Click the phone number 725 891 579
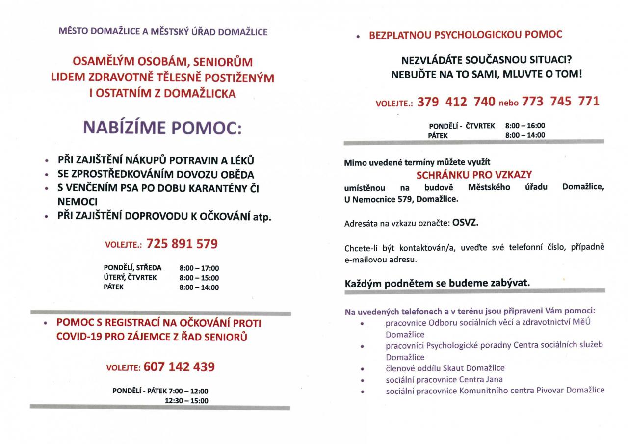(182, 244)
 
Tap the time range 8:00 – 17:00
(199, 268)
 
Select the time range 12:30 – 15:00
(186, 400)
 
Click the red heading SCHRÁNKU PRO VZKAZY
(474, 175)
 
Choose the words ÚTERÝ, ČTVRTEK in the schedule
(130, 278)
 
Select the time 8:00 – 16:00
(525, 126)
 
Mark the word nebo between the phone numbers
(508, 103)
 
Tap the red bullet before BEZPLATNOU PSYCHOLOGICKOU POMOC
(359, 37)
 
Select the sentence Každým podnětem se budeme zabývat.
(437, 283)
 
